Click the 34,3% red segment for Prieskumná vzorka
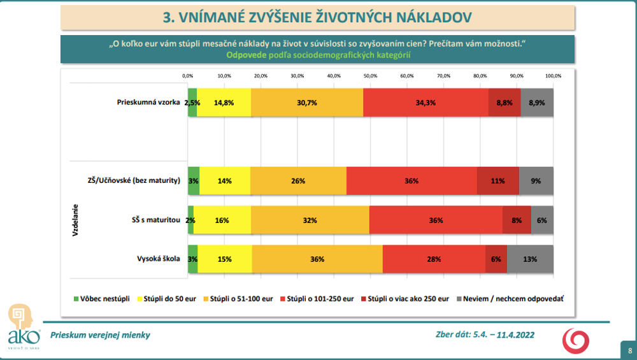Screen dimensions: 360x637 pos(426,103)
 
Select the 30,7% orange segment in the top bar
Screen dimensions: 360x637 pos(307,103)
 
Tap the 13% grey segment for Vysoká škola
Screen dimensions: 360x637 pos(530,259)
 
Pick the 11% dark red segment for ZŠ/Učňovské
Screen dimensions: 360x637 pos(498,181)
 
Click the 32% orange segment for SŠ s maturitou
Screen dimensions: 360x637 pos(310,220)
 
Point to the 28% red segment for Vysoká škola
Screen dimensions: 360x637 pos(434,259)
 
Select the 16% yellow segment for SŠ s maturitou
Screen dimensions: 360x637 pos(222,220)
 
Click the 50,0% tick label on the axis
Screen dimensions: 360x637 pos(370,76)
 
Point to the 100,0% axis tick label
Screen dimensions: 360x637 pos(553,76)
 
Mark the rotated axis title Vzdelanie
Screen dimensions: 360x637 pos(75,220)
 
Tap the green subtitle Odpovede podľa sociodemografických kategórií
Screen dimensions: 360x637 pos(318,55)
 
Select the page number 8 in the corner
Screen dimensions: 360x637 pos(629,350)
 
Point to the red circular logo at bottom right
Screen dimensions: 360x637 pos(575,340)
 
